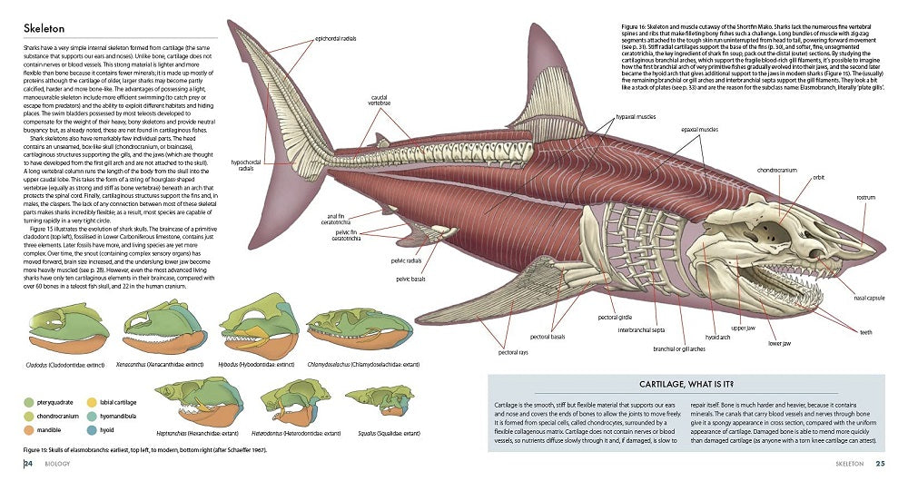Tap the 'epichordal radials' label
point(338,38)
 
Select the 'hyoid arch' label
point(718,337)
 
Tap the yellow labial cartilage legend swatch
point(92,399)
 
